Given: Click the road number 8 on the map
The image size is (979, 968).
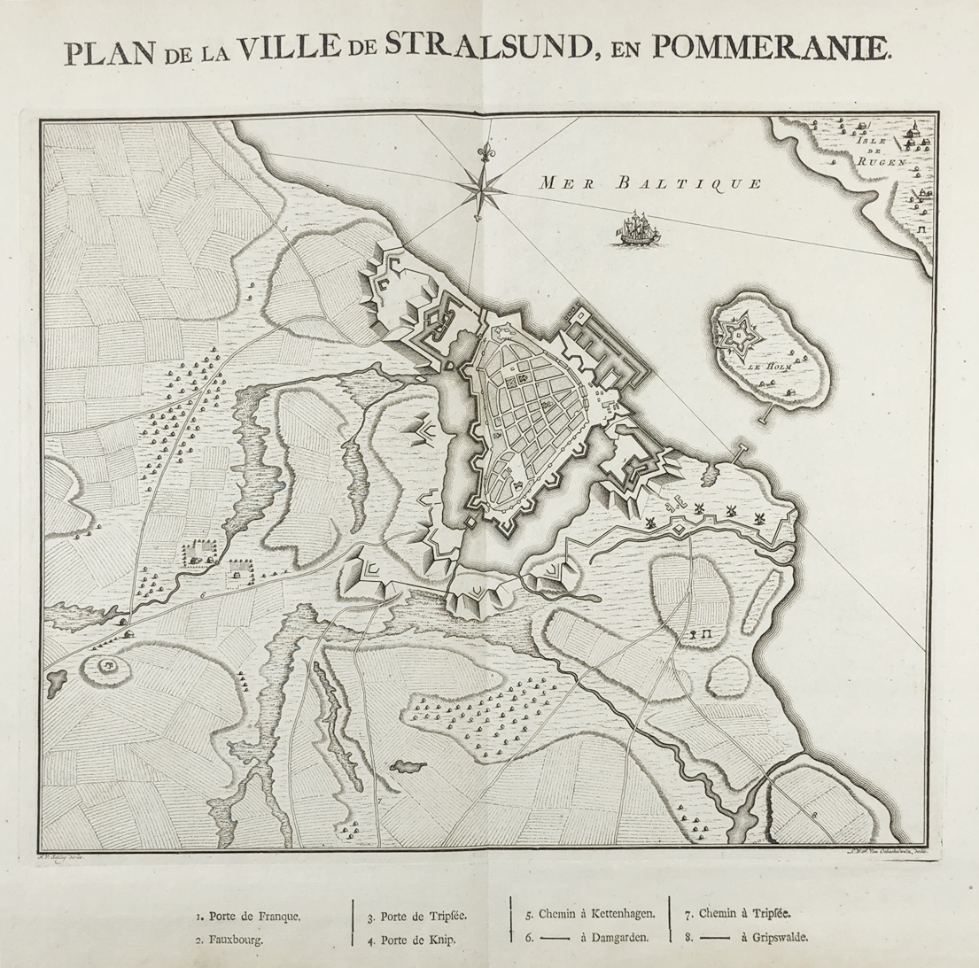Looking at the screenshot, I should point(813,811).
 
